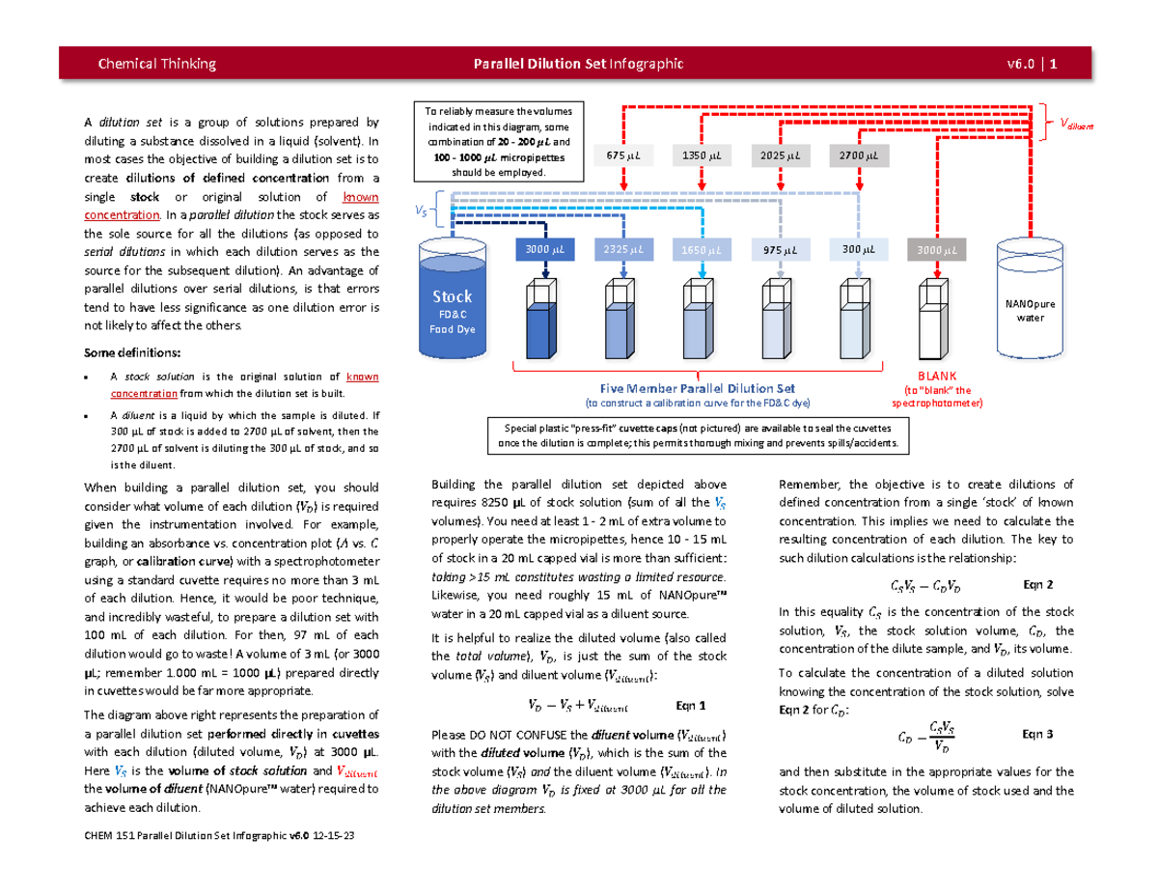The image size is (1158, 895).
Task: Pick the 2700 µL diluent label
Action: (x=857, y=155)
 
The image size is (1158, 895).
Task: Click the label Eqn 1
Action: (x=696, y=704)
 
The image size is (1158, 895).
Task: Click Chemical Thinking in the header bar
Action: (x=157, y=64)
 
